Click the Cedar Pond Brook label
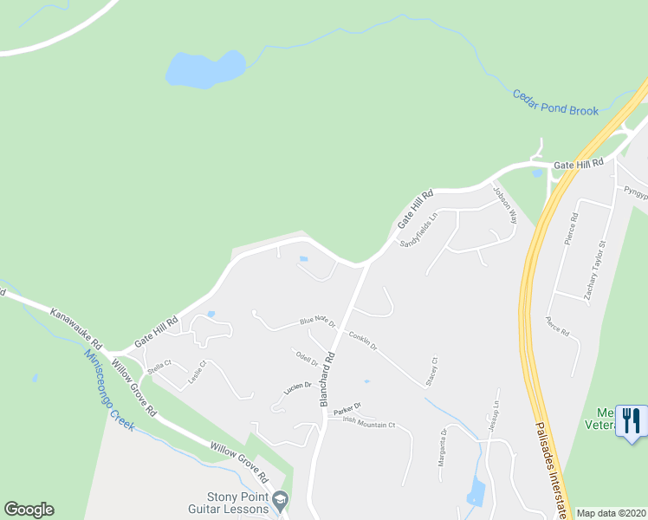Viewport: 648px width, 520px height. pos(555,101)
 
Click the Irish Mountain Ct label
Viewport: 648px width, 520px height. pos(368,424)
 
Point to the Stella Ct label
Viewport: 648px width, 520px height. pos(159,367)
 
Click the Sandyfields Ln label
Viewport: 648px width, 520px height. pos(417,231)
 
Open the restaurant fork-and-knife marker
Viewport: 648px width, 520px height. pos(632,421)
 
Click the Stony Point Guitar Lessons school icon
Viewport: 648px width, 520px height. pos(280,500)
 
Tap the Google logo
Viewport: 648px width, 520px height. pos(29,510)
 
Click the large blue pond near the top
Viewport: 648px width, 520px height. pos(205,69)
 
